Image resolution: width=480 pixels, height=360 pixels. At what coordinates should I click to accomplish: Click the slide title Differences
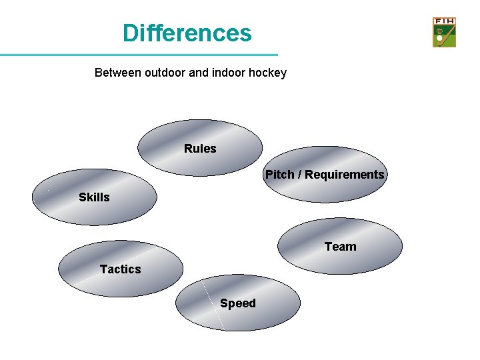(x=187, y=33)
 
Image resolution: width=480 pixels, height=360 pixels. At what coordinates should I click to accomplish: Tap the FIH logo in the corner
(x=444, y=32)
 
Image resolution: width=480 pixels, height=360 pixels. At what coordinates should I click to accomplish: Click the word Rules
(x=200, y=149)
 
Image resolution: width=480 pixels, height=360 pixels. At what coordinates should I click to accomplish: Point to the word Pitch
(x=280, y=175)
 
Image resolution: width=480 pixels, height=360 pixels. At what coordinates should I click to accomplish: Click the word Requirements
(x=345, y=175)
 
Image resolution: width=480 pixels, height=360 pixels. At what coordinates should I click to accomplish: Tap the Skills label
(x=94, y=197)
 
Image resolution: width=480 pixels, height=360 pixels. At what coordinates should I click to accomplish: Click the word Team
(x=340, y=247)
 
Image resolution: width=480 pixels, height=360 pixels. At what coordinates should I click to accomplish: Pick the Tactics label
(x=120, y=269)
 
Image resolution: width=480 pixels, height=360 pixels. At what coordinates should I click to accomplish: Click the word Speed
(x=238, y=304)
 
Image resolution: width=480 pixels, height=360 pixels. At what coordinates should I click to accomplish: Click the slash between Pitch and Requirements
(x=300, y=175)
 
